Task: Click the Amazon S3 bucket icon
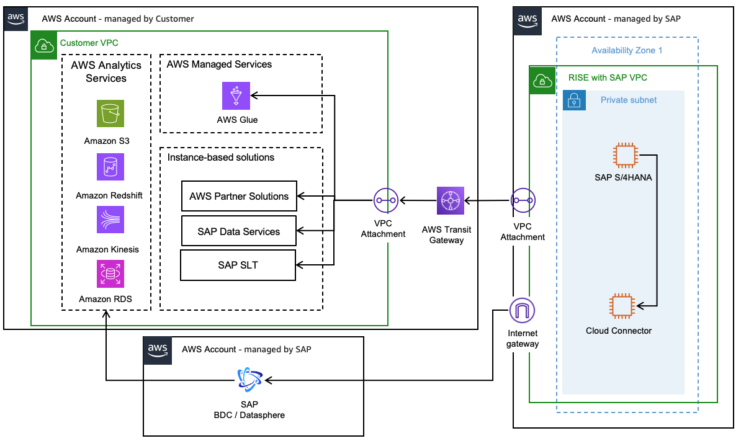pyautogui.click(x=110, y=114)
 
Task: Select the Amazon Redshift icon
pyautogui.click(x=110, y=167)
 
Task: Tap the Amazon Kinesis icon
pyautogui.click(x=110, y=220)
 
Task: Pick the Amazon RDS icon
pyautogui.click(x=110, y=274)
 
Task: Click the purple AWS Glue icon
pyautogui.click(x=236, y=96)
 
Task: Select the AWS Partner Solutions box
pyautogui.click(x=239, y=197)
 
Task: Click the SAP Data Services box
pyautogui.click(x=239, y=231)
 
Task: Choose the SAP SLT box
pyautogui.click(x=238, y=265)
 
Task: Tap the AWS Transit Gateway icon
pyautogui.click(x=451, y=200)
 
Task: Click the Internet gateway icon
pyautogui.click(x=522, y=310)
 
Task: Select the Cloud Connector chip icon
pyautogui.click(x=622, y=306)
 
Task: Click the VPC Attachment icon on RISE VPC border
pyautogui.click(x=523, y=200)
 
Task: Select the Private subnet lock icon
pyautogui.click(x=574, y=100)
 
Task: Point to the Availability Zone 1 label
pyautogui.click(x=627, y=50)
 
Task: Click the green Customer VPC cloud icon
pyautogui.click(x=43, y=43)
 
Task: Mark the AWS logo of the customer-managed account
pyautogui.click(x=17, y=19)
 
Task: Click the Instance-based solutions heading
pyautogui.click(x=221, y=158)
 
